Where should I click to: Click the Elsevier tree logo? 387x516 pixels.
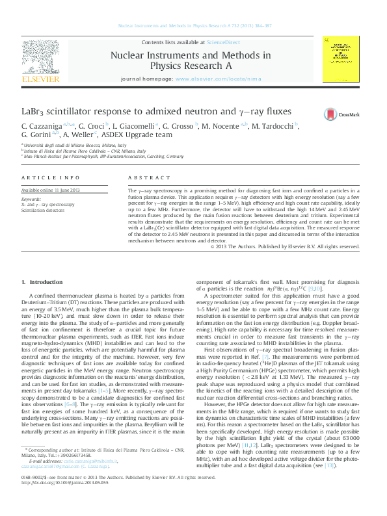point(44,59)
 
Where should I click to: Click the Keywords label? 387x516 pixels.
point(31,199)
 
